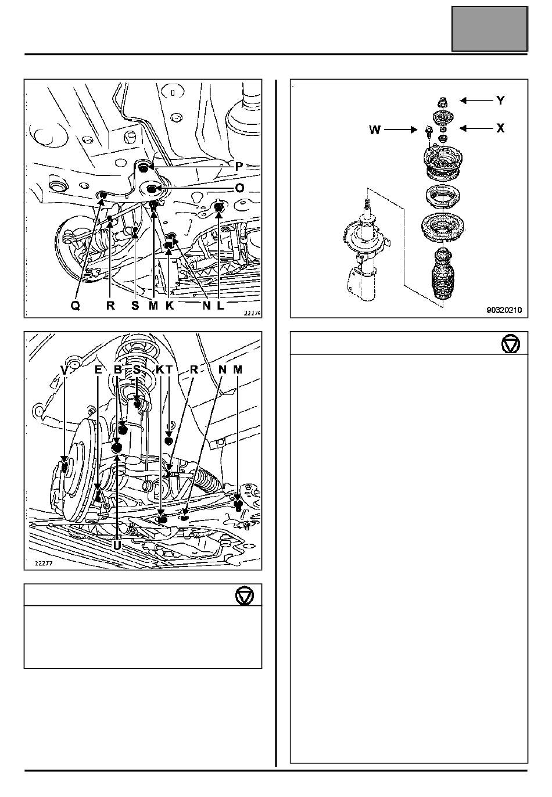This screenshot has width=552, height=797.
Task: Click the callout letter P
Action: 239,166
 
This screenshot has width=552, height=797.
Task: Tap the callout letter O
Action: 240,188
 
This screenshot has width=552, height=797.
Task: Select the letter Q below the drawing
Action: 76,306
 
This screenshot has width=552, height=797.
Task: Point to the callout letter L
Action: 221,306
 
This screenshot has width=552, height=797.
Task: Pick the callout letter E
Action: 98,370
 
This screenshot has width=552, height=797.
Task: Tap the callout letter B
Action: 118,370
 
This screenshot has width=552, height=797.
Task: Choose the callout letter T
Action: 169,370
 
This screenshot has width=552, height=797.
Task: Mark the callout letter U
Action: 117,545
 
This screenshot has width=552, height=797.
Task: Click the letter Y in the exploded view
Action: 500,100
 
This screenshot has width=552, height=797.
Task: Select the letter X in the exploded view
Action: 500,128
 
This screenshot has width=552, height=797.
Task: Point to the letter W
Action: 375,130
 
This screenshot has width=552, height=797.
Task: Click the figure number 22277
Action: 44,563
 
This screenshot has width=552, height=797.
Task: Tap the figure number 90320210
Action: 504,310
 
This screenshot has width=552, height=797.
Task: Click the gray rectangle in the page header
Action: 489,29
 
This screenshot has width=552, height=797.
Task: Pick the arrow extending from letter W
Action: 401,130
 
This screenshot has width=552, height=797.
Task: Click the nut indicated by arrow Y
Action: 442,102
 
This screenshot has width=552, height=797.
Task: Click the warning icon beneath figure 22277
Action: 245,595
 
